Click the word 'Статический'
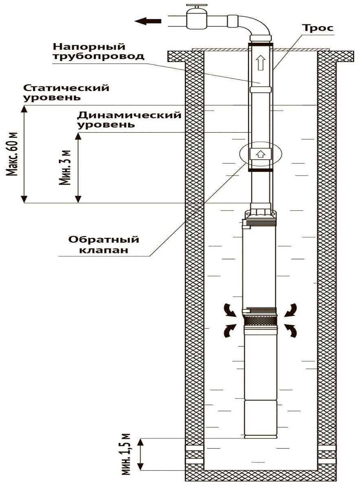(x=67, y=88)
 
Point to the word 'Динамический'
(x=130, y=115)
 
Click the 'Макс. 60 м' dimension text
(x=13, y=154)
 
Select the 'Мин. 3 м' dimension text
(x=66, y=167)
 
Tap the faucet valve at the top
(x=197, y=16)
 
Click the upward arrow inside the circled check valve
(x=260, y=154)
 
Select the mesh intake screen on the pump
(x=260, y=320)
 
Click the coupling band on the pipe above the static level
(x=261, y=89)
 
